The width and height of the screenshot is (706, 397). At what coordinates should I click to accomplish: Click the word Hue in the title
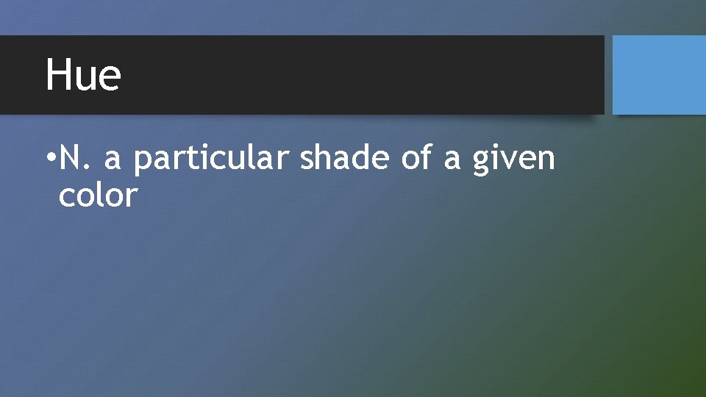[x=83, y=75]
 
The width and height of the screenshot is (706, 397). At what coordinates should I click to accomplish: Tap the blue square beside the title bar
[x=658, y=75]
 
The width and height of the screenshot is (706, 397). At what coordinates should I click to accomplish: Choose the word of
[x=418, y=157]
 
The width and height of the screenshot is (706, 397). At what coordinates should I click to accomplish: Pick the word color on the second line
[x=98, y=196]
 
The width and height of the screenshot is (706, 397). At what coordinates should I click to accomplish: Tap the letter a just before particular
[x=113, y=160]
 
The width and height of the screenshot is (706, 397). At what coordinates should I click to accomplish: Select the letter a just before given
[x=452, y=160]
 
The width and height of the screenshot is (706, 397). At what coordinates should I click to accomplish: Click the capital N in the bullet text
[x=70, y=157]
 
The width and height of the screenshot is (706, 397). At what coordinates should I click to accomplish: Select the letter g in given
[x=482, y=162]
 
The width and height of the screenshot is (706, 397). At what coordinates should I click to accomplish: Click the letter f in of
[x=427, y=156]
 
